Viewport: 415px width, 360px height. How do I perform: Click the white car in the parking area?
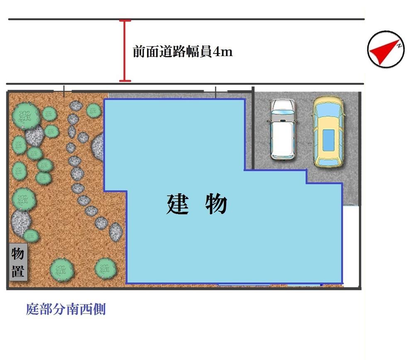coord(283,130)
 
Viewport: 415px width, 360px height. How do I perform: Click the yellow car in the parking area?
coord(328,132)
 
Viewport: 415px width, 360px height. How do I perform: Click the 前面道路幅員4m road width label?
coord(183,52)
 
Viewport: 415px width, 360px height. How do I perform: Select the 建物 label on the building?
coord(197,204)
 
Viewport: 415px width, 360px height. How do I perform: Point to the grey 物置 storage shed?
coord(18,262)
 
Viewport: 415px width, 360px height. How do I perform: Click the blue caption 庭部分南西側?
coord(66,309)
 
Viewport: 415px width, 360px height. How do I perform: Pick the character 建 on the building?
coord(178,204)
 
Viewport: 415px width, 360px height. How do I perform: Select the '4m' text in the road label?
coord(222,52)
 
